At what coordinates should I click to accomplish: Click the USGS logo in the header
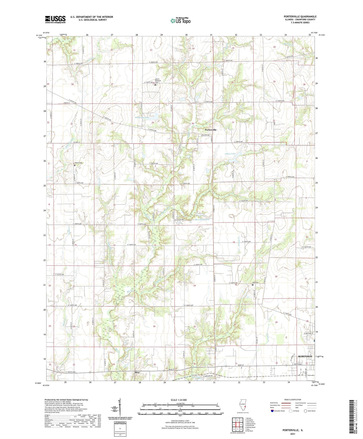click(x=55, y=19)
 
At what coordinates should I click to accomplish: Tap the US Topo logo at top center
click(x=180, y=21)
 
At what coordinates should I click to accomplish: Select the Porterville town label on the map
click(x=211, y=130)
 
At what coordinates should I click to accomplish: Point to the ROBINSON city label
click(x=305, y=356)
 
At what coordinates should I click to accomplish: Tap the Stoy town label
click(x=137, y=372)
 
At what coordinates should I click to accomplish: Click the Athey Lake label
click(x=230, y=154)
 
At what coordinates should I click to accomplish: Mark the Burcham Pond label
click(x=202, y=219)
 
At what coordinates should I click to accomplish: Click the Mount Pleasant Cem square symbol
click(x=155, y=85)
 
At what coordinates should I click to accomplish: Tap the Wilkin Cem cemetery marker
click(x=75, y=165)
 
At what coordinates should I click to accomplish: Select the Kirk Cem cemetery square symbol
click(x=253, y=285)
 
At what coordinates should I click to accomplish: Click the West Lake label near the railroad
click(x=196, y=377)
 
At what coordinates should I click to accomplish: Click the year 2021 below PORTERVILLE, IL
click(x=293, y=434)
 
